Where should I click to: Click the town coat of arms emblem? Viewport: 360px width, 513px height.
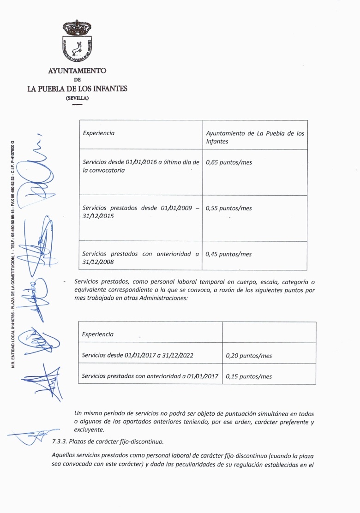[x=77, y=41]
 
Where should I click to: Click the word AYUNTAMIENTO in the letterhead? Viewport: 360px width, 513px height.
[x=77, y=71]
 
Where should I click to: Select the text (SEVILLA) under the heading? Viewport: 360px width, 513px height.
[x=77, y=98]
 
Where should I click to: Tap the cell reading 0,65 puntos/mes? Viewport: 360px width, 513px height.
[x=229, y=162]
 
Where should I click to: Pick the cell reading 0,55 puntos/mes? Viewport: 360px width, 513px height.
[x=229, y=208]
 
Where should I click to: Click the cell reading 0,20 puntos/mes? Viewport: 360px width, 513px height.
[x=249, y=356]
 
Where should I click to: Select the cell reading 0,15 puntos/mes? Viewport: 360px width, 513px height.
[x=249, y=376]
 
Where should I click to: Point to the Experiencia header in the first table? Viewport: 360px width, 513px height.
[x=99, y=133]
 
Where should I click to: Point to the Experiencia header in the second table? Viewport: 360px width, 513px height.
[x=98, y=334]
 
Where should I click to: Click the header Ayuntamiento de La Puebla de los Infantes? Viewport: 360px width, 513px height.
[x=255, y=137]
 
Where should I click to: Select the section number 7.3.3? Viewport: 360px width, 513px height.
[x=60, y=441]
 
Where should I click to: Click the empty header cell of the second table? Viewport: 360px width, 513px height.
[x=269, y=332]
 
